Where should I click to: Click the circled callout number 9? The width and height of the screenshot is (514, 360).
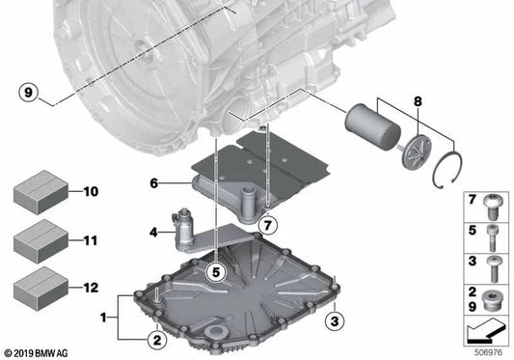click(30, 93)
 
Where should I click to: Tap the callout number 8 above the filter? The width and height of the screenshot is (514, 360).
click(419, 100)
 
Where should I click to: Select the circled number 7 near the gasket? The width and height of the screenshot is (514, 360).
click(268, 225)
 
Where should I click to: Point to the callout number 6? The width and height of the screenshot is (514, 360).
click(153, 232)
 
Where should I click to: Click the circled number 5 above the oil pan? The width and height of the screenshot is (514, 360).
click(217, 272)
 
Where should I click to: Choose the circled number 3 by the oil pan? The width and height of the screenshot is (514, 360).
click(335, 319)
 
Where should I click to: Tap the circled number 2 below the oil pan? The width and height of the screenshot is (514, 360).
click(153, 338)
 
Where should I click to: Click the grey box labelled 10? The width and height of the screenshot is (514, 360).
click(39, 193)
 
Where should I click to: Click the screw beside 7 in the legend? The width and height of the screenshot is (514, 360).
click(492, 204)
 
